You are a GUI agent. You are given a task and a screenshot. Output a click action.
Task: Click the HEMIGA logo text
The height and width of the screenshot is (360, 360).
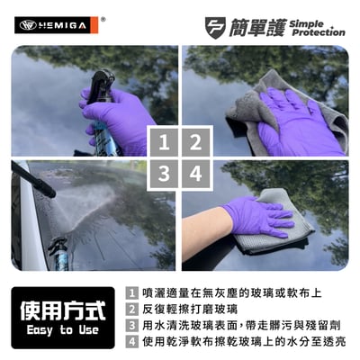click(x=63, y=25)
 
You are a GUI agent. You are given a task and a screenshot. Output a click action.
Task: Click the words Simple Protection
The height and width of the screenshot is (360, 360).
click(x=317, y=26)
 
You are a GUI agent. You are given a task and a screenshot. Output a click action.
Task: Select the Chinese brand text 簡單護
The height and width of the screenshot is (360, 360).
click(x=259, y=26)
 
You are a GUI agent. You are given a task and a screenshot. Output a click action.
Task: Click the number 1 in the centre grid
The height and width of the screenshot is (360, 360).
click(x=163, y=141)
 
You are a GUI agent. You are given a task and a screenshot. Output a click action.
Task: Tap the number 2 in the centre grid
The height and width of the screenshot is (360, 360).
click(x=195, y=141)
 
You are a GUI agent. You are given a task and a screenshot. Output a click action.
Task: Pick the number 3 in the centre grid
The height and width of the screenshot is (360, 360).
click(x=163, y=174)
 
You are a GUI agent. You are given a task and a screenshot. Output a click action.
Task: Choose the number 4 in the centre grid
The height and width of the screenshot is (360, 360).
click(x=195, y=174)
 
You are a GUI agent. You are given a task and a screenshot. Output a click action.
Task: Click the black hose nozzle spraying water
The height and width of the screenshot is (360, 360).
click(x=32, y=178)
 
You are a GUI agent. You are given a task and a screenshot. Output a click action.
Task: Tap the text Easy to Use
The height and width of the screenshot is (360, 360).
click(x=62, y=331)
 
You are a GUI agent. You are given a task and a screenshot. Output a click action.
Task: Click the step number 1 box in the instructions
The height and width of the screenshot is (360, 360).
click(x=132, y=293)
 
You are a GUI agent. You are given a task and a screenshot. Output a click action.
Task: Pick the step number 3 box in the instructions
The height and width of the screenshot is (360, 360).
click(x=132, y=326)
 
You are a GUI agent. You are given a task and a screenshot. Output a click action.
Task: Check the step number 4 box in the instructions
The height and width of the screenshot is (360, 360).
click(x=132, y=342)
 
